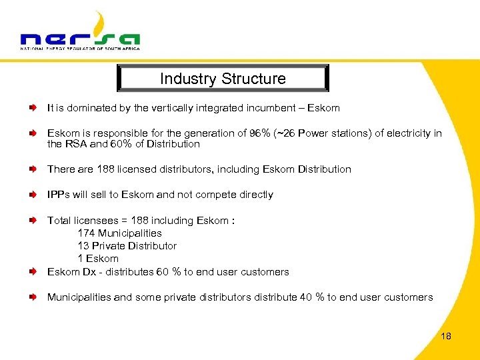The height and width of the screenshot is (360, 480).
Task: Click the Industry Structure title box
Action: click(x=223, y=79)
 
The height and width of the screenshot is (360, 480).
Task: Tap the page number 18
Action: click(x=446, y=336)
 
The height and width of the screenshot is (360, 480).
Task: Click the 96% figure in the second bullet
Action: click(x=257, y=133)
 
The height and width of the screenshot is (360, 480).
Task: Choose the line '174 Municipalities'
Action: click(x=119, y=233)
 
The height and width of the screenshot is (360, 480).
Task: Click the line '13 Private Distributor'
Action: click(x=127, y=246)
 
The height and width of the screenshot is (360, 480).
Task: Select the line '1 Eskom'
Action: click(x=98, y=259)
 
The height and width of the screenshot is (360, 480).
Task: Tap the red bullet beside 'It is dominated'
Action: click(x=33, y=107)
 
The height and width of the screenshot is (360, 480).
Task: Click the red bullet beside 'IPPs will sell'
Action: click(x=33, y=195)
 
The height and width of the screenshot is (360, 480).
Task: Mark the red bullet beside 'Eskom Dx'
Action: click(x=33, y=272)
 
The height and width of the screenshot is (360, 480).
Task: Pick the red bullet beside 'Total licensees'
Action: click(x=33, y=220)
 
